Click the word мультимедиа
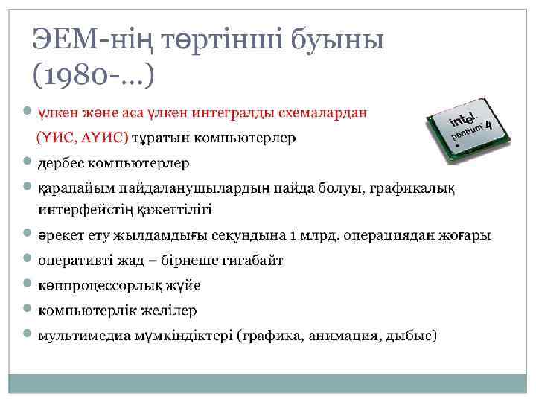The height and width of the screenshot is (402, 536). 81,335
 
